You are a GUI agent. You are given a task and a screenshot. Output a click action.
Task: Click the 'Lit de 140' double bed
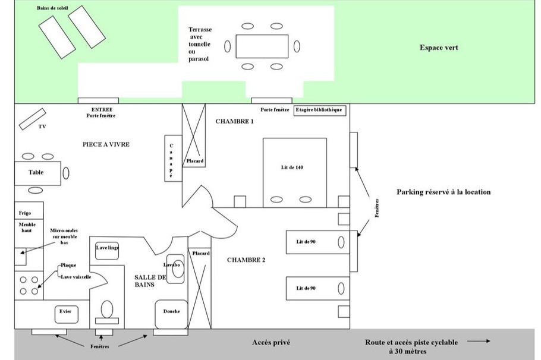pos(295,172)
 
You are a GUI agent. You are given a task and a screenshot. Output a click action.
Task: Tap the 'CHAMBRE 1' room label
pos(234,121)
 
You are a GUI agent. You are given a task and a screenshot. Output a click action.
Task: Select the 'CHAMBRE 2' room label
pos(246,260)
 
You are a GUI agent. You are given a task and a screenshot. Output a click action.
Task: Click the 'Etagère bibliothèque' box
pos(319,110)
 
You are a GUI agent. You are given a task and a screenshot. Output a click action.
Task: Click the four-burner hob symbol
pos(28,284)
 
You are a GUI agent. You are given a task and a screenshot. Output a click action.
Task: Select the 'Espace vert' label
pos(439,48)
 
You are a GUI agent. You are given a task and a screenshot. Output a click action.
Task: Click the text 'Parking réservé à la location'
pos(444,192)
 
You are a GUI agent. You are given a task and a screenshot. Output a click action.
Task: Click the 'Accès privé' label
pos(271,342)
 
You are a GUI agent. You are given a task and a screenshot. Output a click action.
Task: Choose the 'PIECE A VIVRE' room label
pos(106,144)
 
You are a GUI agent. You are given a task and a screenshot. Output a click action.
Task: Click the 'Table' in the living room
pos(37,173)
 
